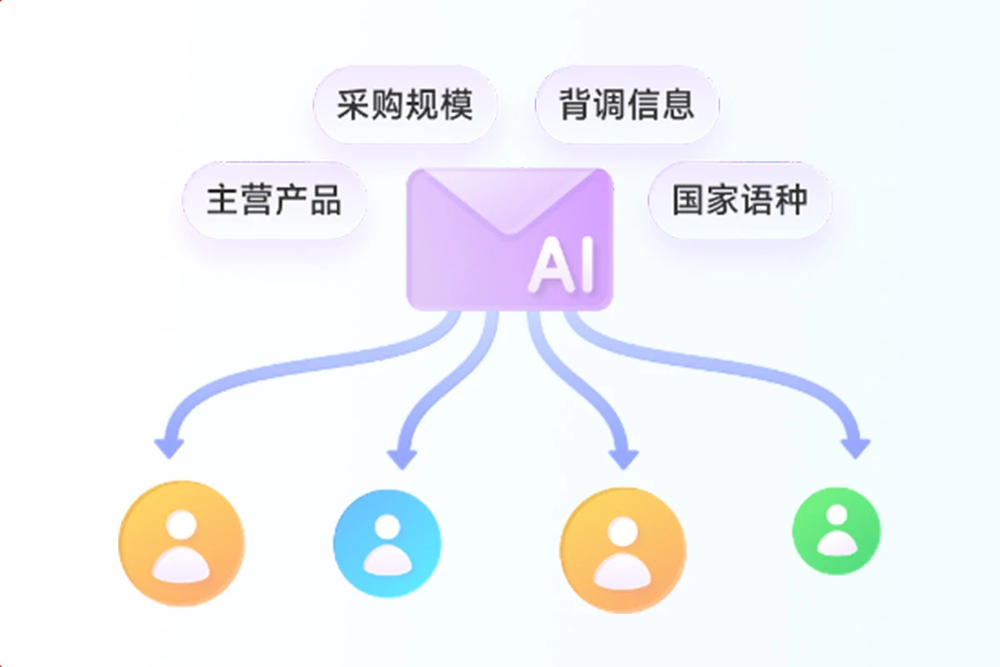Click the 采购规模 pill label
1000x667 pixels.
(405, 105)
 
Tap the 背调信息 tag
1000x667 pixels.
(627, 105)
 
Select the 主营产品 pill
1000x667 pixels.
(274, 200)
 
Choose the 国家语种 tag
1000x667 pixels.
(740, 200)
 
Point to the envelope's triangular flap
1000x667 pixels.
(509, 200)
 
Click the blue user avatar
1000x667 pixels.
(387, 543)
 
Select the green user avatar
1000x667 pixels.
(836, 531)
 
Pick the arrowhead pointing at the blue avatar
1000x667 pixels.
(402, 458)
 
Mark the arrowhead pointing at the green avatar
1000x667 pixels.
(854, 448)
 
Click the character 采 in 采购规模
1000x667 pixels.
(353, 105)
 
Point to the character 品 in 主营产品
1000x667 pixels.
(326, 200)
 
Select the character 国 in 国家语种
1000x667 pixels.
(688, 200)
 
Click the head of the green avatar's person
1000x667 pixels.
(836, 517)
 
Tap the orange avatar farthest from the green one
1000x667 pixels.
(182, 544)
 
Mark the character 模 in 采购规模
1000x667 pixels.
(457, 105)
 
